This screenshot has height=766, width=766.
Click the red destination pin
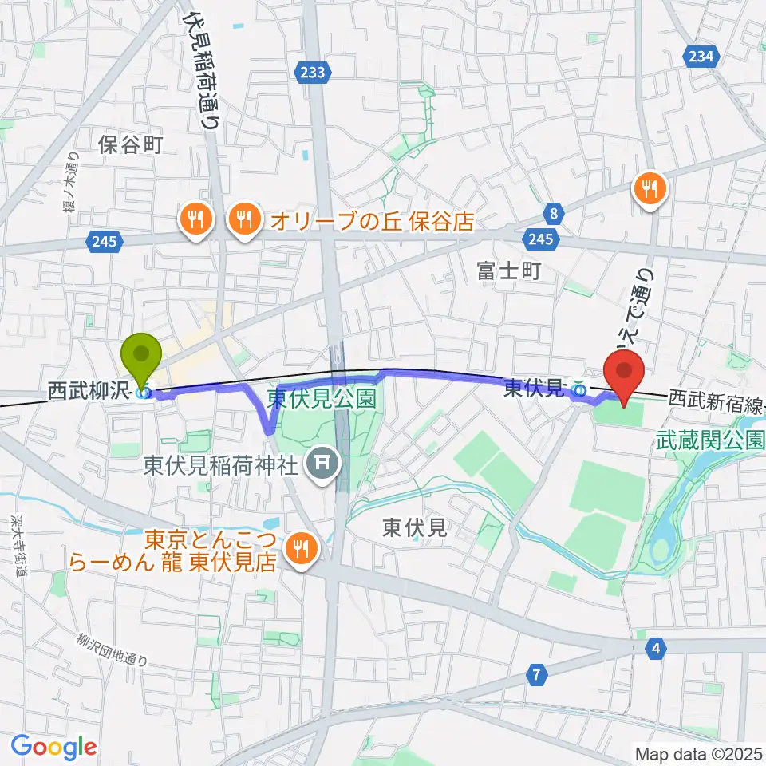[x=624, y=372]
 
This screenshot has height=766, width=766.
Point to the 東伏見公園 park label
[x=322, y=398]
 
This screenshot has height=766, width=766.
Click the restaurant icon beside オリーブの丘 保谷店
[x=244, y=217]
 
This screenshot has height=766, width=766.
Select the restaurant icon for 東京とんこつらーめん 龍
[x=301, y=547]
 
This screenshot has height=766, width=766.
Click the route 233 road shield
[x=314, y=73]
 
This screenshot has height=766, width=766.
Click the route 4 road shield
[x=656, y=647]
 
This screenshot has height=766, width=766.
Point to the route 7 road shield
[x=537, y=676]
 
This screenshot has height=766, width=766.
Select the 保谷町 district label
[x=131, y=144]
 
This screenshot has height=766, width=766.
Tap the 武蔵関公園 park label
[x=710, y=440]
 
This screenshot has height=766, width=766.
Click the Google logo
[x=53, y=747]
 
